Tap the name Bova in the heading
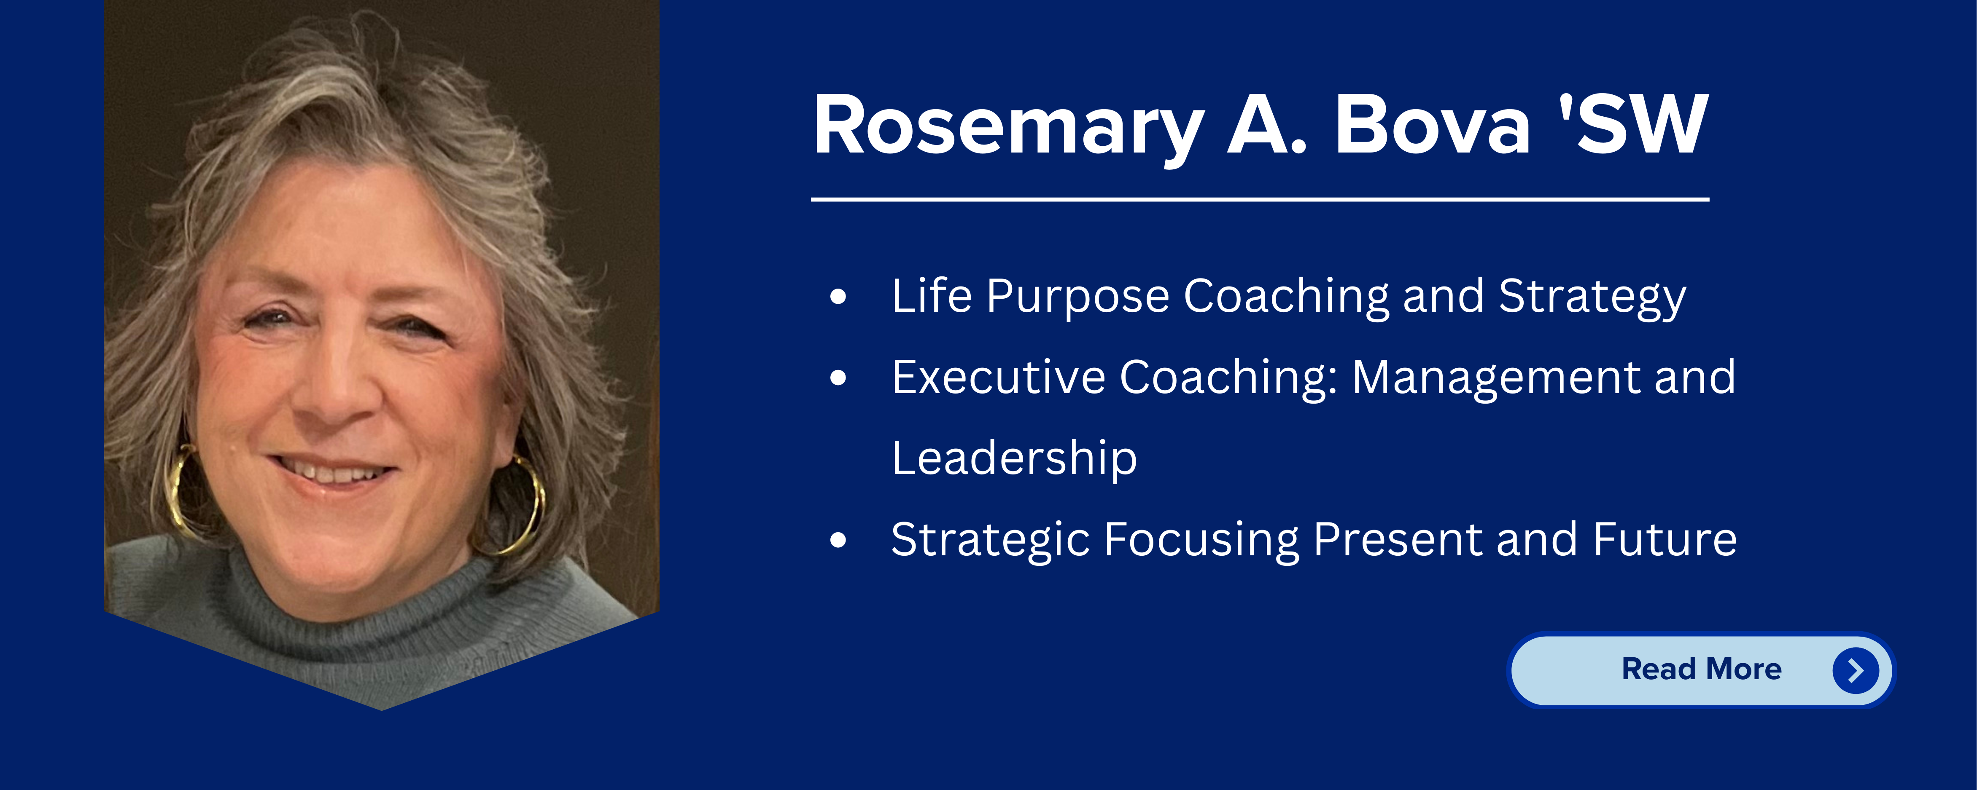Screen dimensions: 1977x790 (x=1433, y=124)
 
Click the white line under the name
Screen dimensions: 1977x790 (x=1260, y=199)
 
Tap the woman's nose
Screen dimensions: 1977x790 (x=338, y=391)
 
